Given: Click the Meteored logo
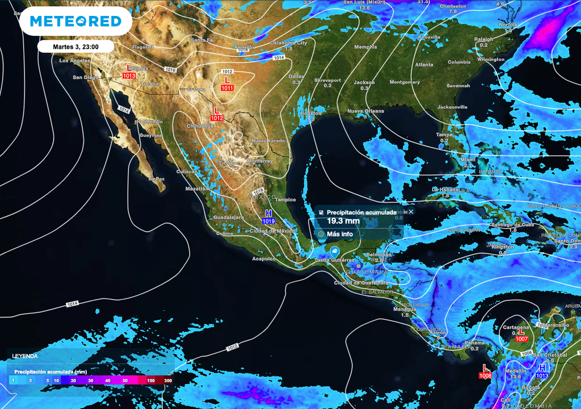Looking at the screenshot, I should point(75,22).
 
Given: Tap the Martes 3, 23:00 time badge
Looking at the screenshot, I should point(76,46).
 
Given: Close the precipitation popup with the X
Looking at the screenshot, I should point(411,211).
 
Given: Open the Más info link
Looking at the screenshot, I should point(339,233).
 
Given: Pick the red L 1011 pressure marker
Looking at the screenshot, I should point(227,84).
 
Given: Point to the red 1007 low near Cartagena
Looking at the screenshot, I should point(521,336).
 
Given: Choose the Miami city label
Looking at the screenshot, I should point(468,160).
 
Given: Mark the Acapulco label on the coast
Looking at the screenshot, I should point(264,258).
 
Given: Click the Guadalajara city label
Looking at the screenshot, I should point(229,217).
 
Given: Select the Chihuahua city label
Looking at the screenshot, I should point(200,126).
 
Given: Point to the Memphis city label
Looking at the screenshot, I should point(365,47).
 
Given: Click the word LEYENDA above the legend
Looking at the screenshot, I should point(25,356).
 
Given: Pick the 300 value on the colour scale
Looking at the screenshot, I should point(168,380).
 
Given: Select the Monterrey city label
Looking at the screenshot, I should point(260,161).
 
